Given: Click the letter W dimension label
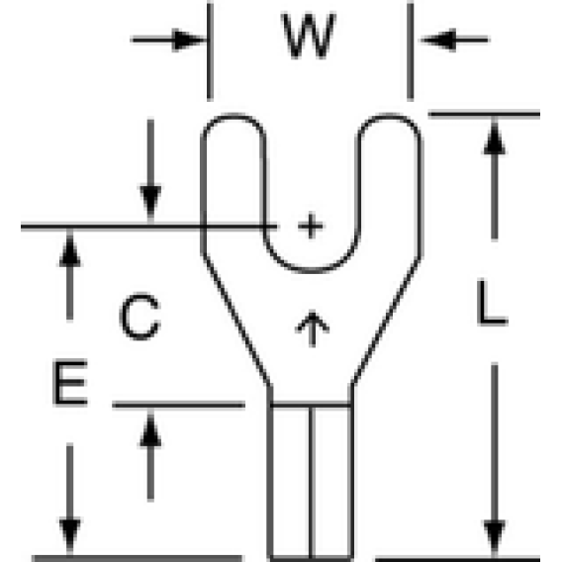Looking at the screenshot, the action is [x=309, y=36].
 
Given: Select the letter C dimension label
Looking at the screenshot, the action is [x=140, y=317].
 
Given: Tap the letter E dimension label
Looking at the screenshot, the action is [x=70, y=382].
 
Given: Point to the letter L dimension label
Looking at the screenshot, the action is [x=492, y=303].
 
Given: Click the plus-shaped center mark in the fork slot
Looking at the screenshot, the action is [x=311, y=226].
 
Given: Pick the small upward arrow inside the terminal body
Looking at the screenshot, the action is [x=312, y=328].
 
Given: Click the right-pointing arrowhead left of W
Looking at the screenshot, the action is [x=189, y=40].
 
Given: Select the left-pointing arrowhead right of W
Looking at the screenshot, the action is [x=438, y=40].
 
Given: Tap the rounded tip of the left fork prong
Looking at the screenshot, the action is [x=234, y=116].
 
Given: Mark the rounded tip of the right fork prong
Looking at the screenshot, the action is [x=389, y=116].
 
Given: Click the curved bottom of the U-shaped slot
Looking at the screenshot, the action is [x=311, y=269].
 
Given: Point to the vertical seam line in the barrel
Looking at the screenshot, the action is [x=312, y=482].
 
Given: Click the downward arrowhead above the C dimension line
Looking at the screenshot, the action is [x=150, y=203].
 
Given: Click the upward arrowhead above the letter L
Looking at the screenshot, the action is [x=495, y=137].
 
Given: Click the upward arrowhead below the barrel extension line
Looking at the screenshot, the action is [x=150, y=428].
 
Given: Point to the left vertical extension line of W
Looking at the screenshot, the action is [x=210, y=50].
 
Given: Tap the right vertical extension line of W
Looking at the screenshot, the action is [x=411, y=50].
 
